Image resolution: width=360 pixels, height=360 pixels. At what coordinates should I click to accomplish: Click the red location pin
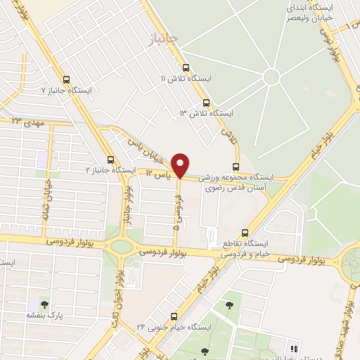click(181, 165)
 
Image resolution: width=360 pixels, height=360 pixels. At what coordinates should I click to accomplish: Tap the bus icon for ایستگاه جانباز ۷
click(67, 79)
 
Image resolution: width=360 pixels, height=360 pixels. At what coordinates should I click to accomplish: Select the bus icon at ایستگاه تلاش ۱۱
click(186, 68)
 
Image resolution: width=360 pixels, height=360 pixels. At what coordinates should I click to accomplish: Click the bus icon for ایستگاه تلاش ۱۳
click(206, 102)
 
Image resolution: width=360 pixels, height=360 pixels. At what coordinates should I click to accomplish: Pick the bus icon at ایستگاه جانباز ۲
click(110, 160)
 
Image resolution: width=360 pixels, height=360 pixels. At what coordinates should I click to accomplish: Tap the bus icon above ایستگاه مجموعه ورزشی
click(235, 167)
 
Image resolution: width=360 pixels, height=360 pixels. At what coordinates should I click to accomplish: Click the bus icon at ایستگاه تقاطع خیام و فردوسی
click(245, 233)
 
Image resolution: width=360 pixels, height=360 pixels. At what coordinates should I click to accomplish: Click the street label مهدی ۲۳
click(28, 122)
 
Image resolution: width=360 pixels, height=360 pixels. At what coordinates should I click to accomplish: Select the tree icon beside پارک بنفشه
click(45, 305)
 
